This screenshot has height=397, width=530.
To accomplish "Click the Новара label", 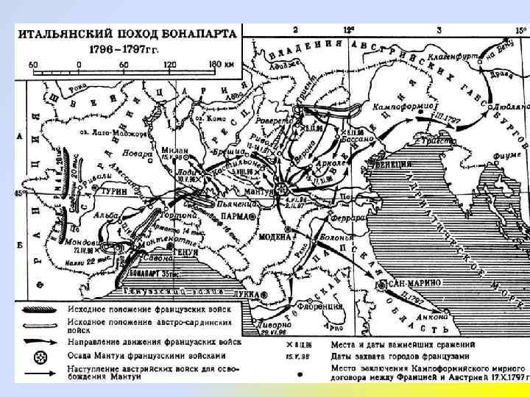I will click(x=139, y=154).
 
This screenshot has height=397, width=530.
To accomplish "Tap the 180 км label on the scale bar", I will click(x=220, y=64).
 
